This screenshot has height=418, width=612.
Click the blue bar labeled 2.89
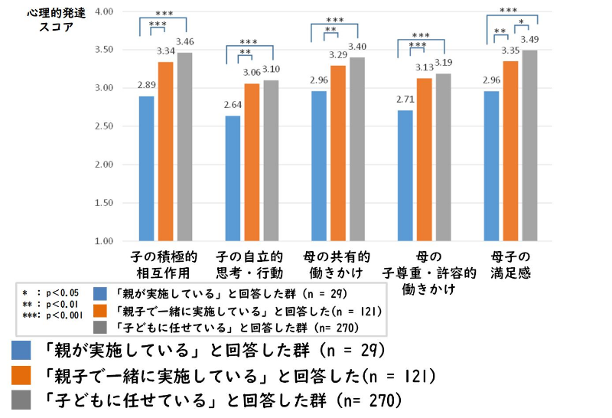tap(147, 168)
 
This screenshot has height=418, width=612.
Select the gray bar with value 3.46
tap(185, 146)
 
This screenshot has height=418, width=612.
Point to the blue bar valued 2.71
tap(405, 175)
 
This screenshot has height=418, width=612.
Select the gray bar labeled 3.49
tap(529, 145)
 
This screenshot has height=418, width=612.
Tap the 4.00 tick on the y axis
tap(101, 12)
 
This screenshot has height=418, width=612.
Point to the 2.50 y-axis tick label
tap(101, 126)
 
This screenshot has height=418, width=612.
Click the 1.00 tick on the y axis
tap(101, 241)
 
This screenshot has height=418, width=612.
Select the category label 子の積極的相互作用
tap(167, 263)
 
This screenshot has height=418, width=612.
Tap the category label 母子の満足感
tap(511, 263)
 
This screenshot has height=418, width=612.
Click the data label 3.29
tap(338, 54)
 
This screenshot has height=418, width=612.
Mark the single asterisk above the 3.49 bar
tap(521, 22)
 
